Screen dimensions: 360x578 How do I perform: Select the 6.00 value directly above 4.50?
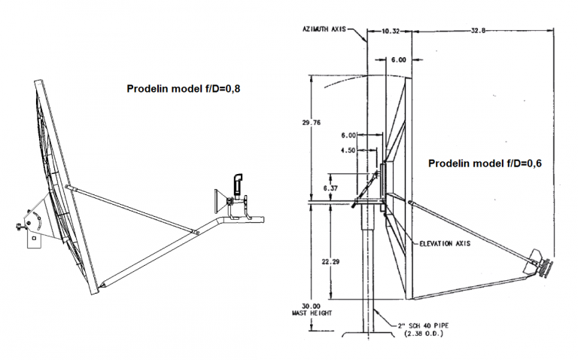(348, 136)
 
